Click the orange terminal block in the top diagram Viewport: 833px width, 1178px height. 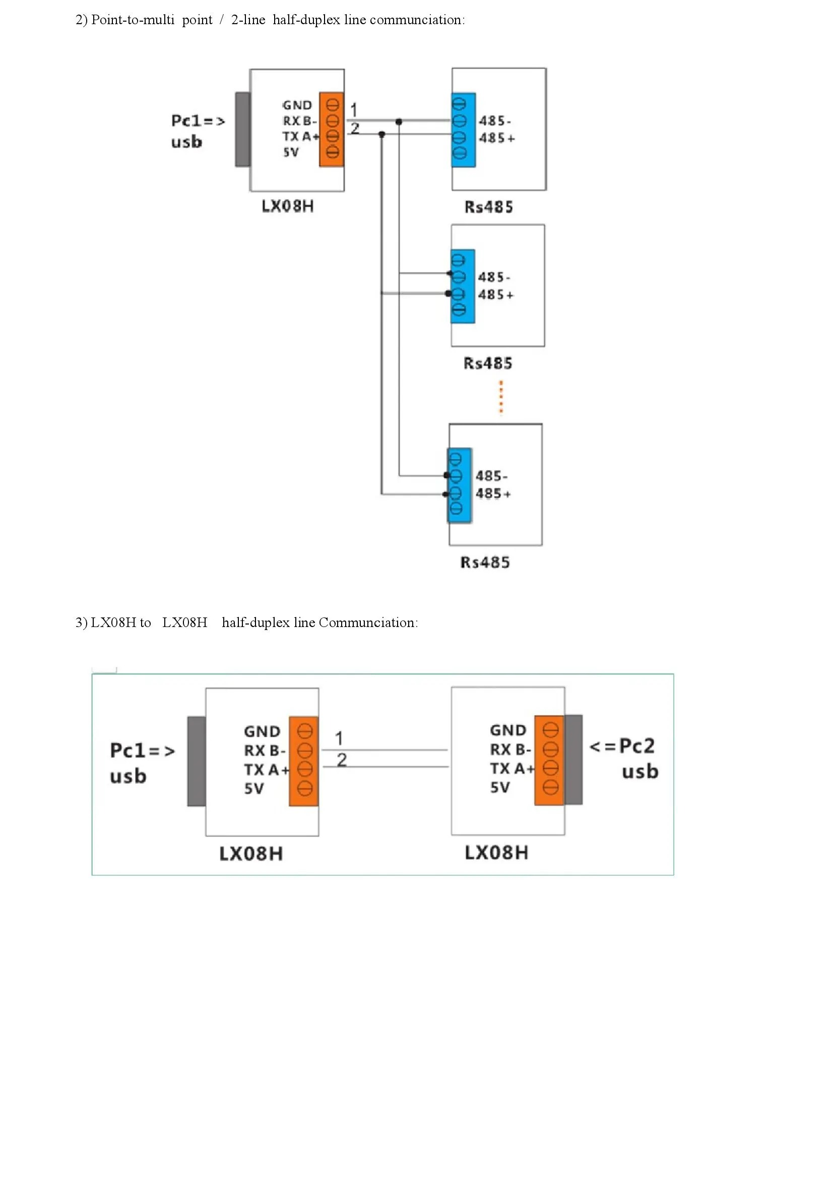tap(331, 129)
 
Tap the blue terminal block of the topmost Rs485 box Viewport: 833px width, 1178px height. tap(464, 130)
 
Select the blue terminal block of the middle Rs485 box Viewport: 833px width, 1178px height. tap(463, 286)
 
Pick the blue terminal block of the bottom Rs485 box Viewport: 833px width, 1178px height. tap(460, 486)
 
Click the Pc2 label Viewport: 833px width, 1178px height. tap(636, 746)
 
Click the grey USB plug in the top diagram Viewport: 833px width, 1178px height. tap(243, 129)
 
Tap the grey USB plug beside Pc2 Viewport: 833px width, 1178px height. tap(573, 759)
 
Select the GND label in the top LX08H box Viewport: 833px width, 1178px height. tap(297, 105)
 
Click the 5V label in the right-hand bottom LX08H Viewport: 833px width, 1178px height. tap(500, 788)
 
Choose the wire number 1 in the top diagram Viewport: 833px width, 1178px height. tap(354, 109)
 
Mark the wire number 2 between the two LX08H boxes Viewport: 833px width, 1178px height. tap(342, 759)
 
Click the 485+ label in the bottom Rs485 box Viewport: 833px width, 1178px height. tap(493, 494)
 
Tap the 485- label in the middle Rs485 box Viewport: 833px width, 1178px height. tap(494, 278)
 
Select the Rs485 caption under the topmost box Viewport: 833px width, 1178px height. tap(489, 207)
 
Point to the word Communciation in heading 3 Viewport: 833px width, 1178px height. tap(367, 623)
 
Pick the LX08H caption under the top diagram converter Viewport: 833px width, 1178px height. tap(287, 206)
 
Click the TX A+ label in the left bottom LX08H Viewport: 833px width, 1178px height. tap(267, 770)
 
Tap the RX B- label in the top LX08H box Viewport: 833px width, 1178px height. tap(300, 121)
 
